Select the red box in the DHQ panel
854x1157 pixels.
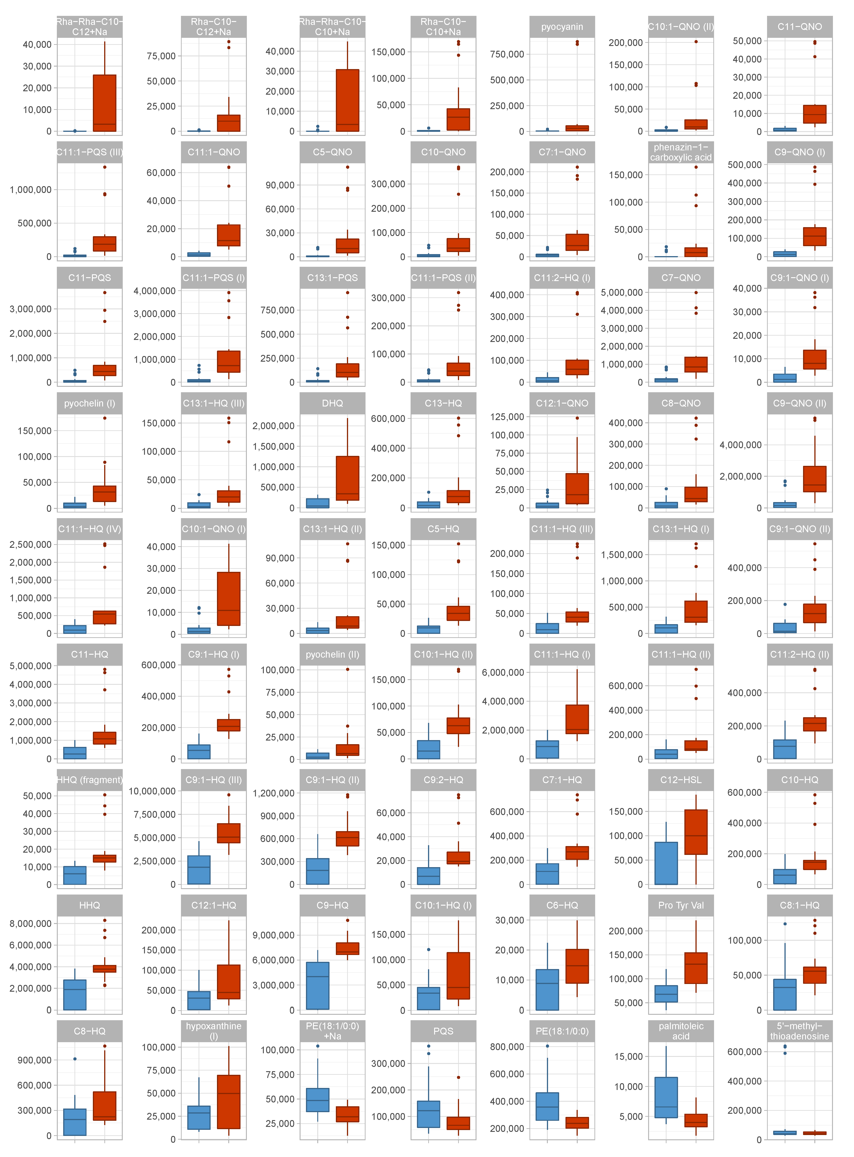(347, 478)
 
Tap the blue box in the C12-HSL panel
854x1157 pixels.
(666, 863)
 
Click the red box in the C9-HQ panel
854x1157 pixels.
(347, 948)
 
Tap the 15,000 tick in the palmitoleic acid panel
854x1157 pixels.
(628, 1056)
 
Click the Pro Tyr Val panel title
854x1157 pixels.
(681, 905)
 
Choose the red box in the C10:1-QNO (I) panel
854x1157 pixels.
(229, 599)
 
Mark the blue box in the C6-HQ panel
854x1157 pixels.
(547, 989)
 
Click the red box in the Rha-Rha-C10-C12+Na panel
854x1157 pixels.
(104, 103)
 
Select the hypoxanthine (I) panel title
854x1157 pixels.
(214, 1031)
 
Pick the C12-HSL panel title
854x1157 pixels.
(681, 780)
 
